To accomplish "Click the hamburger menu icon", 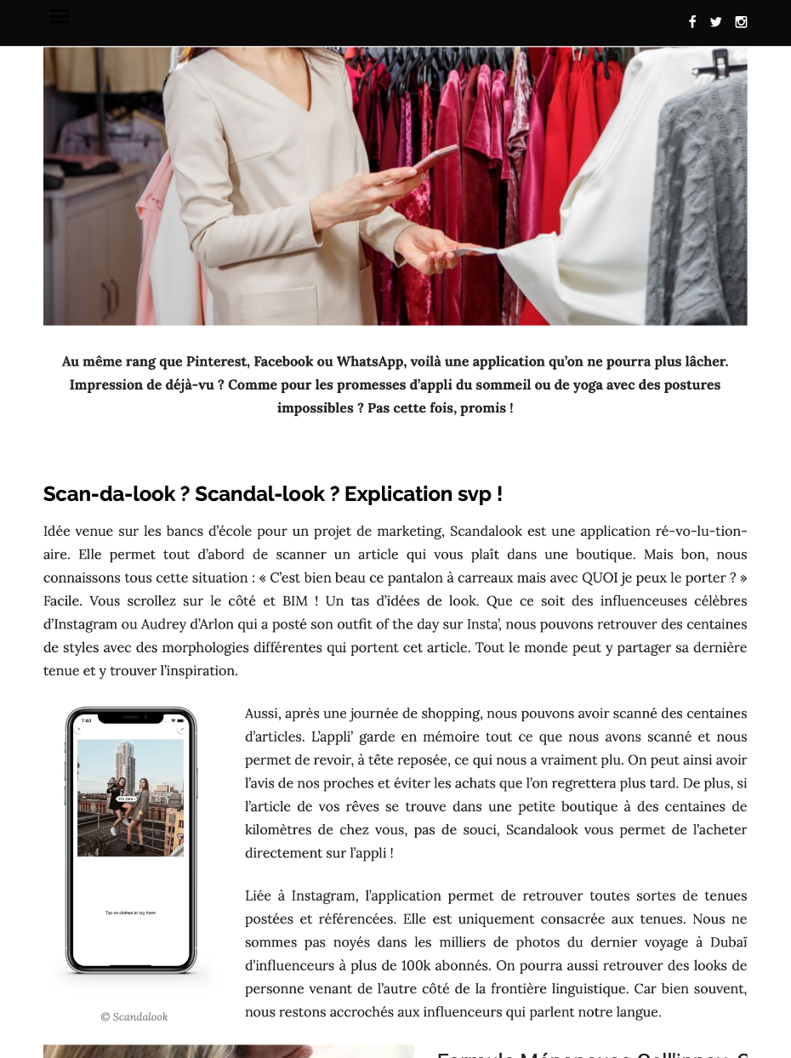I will point(60,16).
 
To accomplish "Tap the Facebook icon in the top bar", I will point(692,22).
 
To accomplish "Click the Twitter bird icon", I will point(716,22).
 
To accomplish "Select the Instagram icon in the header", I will point(741,22).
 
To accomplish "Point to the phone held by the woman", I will point(435,159).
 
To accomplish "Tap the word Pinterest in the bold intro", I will point(216,361).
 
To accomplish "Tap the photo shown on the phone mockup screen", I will point(130,798).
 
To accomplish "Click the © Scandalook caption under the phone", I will point(134,1016).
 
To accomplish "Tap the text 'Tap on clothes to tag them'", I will point(130,913).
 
